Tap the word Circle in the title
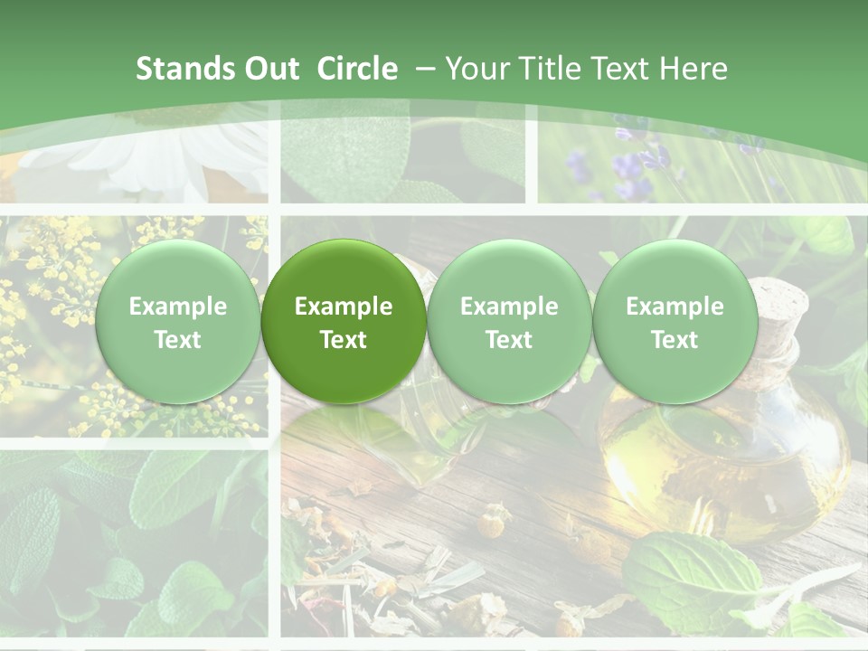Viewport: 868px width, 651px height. pyautogui.click(x=357, y=69)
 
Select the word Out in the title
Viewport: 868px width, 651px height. pyautogui.click(x=270, y=69)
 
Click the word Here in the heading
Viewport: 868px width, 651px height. pyautogui.click(x=693, y=69)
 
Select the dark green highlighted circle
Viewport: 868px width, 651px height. pyautogui.click(x=344, y=321)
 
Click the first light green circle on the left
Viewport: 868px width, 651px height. pyautogui.click(x=177, y=321)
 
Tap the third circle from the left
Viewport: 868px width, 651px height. pyautogui.click(x=509, y=321)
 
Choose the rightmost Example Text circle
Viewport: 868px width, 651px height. pyautogui.click(x=675, y=321)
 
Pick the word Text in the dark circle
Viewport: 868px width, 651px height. pyautogui.click(x=344, y=340)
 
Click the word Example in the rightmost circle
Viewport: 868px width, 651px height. pyautogui.click(x=675, y=307)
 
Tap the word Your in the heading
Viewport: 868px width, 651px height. pyautogui.click(x=476, y=69)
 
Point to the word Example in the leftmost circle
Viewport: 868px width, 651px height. pyautogui.click(x=177, y=307)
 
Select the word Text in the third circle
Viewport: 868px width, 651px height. pyautogui.click(x=509, y=340)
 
